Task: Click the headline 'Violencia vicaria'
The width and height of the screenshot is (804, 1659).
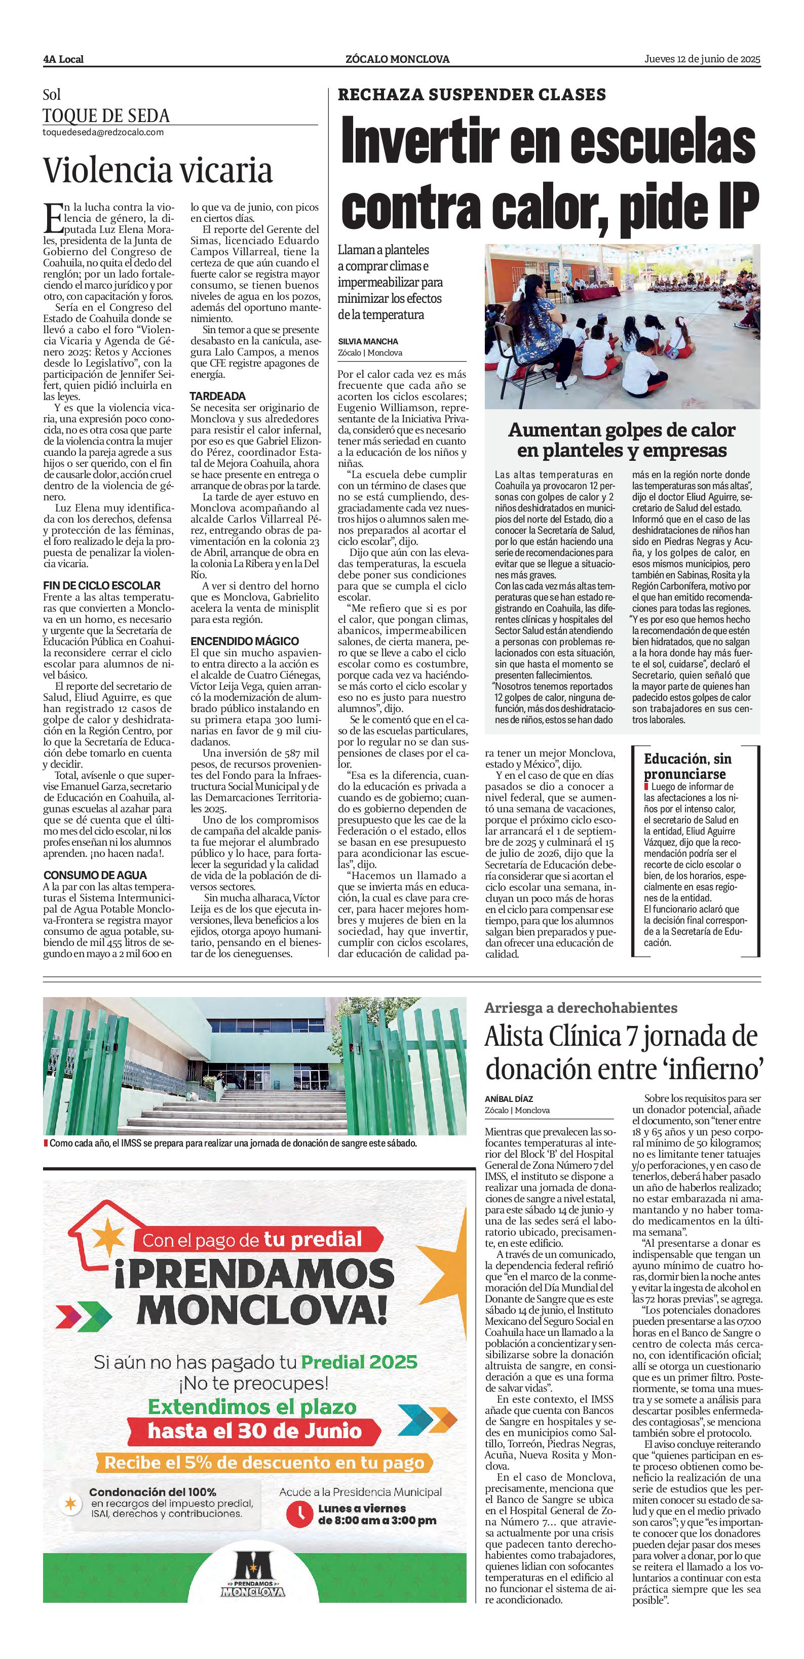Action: (158, 171)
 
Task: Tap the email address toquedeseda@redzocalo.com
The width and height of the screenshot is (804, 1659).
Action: (103, 132)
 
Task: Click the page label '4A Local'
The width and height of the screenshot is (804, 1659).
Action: (63, 59)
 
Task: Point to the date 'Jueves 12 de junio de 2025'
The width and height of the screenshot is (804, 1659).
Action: (702, 59)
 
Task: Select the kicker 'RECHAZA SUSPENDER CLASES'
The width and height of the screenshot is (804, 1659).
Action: (472, 95)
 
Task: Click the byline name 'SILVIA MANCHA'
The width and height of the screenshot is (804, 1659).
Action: (368, 341)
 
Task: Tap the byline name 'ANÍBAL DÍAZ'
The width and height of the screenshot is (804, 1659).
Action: (509, 1099)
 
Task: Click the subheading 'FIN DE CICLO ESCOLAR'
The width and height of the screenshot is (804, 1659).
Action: (102, 585)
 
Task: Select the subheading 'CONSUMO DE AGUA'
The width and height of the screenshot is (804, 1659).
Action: (95, 875)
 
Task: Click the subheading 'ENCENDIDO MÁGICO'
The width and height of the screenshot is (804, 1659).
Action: (244, 642)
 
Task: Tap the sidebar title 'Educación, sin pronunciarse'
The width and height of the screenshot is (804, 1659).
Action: (687, 766)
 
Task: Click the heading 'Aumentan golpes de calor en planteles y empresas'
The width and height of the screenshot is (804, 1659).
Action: (622, 440)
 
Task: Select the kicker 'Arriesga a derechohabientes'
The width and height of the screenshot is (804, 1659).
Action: (581, 1008)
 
